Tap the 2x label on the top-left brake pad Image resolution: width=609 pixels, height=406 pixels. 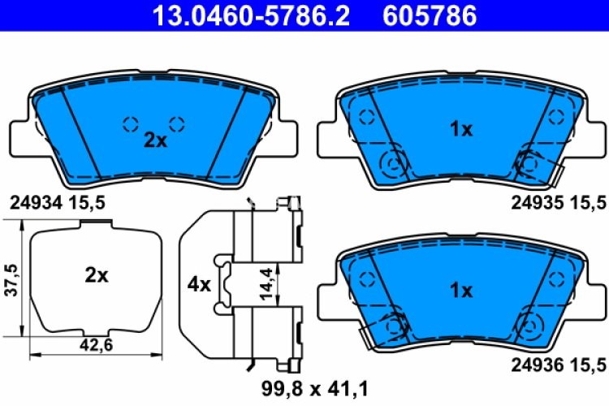pyautogui.click(x=154, y=140)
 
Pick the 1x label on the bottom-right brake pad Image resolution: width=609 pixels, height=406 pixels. pyautogui.click(x=460, y=289)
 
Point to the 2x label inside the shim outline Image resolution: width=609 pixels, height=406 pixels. pyautogui.click(x=96, y=275)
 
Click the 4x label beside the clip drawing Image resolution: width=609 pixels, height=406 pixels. pyautogui.click(x=199, y=285)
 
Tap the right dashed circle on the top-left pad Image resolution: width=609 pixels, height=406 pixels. pyautogui.click(x=177, y=123)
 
